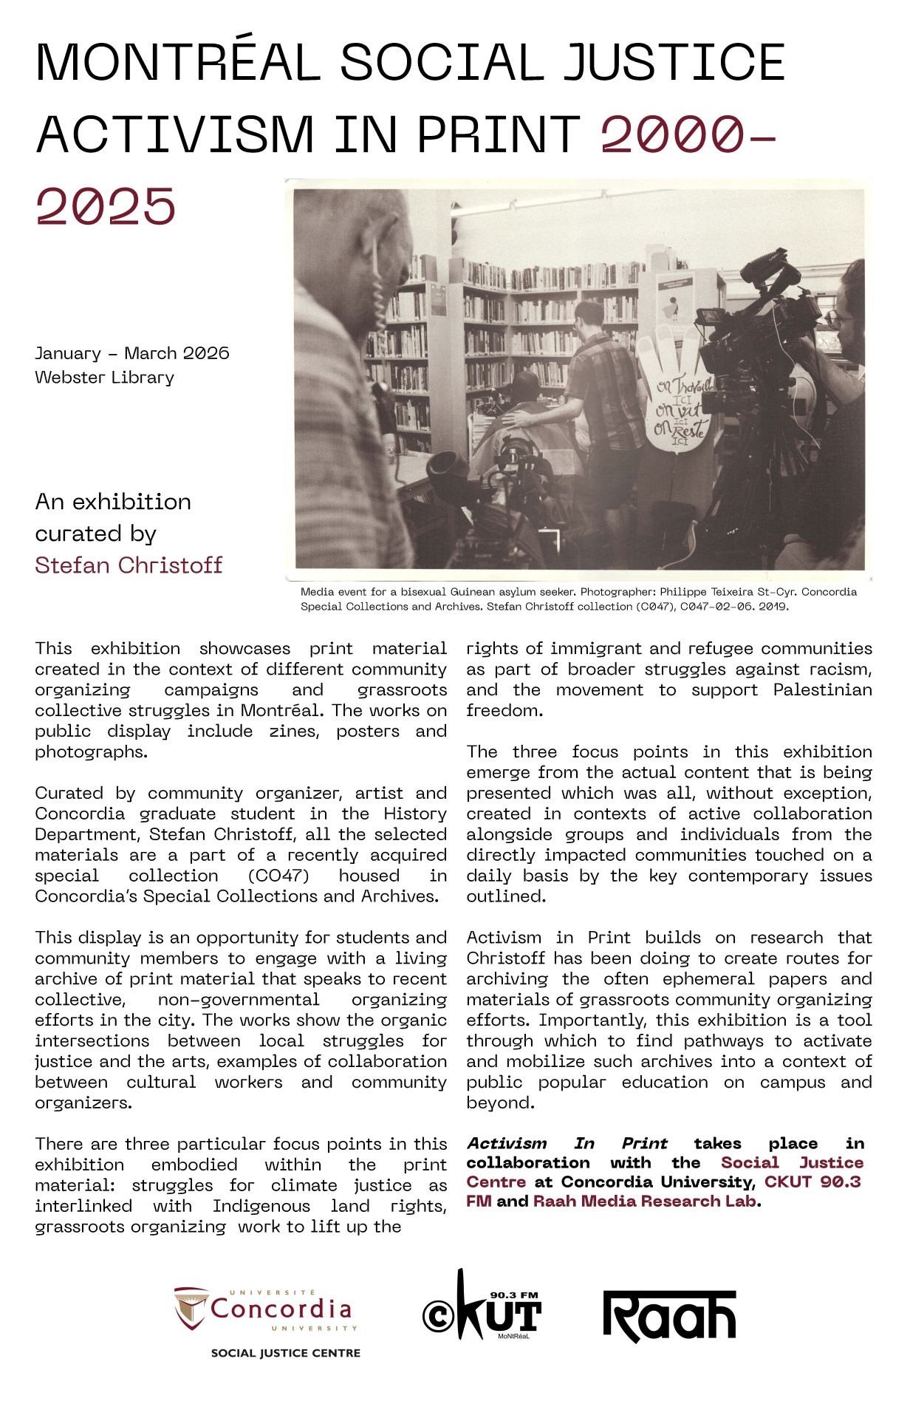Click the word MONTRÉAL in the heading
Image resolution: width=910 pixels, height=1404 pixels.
click(x=177, y=63)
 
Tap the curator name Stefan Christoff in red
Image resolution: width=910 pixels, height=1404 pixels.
click(x=129, y=565)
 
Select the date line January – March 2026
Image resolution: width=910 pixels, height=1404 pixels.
click(x=132, y=353)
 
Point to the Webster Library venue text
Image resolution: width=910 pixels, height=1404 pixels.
click(x=104, y=378)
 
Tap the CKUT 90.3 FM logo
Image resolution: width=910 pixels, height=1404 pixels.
click(x=482, y=1306)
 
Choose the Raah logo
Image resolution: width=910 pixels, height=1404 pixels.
click(x=670, y=1315)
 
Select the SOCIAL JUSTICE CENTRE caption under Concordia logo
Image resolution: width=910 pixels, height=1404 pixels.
click(x=286, y=1353)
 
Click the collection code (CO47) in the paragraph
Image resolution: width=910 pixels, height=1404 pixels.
click(x=278, y=876)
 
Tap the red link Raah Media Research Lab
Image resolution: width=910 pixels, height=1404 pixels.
click(x=645, y=1201)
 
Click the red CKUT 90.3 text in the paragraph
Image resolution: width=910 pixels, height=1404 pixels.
click(x=812, y=1182)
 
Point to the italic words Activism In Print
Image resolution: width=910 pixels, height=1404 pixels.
click(x=567, y=1143)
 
